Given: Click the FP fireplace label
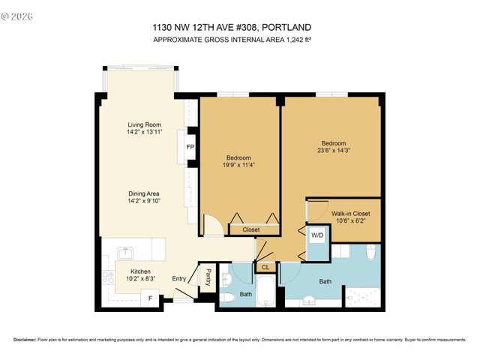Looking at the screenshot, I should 190,147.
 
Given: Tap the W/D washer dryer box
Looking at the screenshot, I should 317,235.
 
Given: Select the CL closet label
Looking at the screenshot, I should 265,266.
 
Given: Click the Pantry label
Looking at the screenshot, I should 209,277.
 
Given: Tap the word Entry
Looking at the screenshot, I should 179,279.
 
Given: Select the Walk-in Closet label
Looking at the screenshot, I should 350,214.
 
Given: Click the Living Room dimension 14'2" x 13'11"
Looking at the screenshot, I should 145,132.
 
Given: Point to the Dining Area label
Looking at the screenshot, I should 145,193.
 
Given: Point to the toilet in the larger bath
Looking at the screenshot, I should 370,254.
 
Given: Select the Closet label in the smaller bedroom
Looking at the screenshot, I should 250,229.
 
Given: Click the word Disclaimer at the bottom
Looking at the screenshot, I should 25,340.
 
